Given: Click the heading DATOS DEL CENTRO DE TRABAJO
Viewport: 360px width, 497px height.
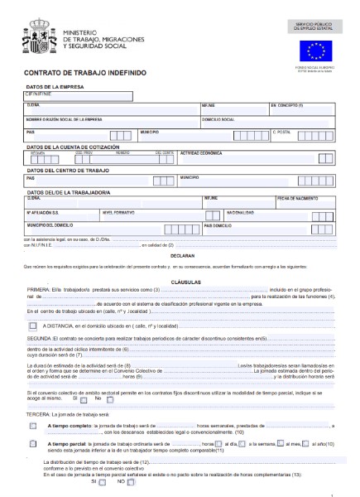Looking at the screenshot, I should (x=68, y=170).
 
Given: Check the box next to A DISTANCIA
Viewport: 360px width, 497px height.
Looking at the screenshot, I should (x=33, y=326).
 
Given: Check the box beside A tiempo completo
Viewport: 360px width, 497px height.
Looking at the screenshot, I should (x=33, y=425).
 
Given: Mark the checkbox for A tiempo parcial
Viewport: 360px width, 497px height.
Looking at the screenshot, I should (x=33, y=444).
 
